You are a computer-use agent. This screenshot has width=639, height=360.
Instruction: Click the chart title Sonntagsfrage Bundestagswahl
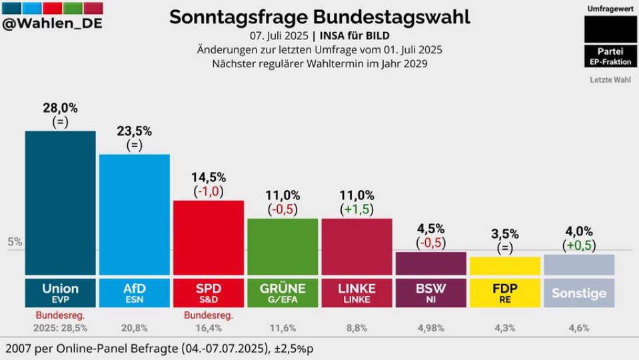click(319, 16)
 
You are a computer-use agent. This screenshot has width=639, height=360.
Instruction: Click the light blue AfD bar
click(134, 214)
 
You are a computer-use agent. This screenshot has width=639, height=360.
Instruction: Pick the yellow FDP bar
click(504, 266)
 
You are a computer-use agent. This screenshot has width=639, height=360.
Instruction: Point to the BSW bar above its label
click(430, 263)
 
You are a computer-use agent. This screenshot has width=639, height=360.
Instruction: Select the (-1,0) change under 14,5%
click(209, 191)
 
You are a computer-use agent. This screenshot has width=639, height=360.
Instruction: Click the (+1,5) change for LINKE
click(356, 209)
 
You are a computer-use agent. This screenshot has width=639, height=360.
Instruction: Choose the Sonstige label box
click(579, 293)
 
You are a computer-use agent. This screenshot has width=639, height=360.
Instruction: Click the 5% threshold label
click(15, 242)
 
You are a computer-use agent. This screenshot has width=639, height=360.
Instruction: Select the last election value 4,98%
click(430, 327)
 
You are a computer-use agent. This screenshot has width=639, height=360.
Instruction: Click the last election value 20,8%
click(134, 327)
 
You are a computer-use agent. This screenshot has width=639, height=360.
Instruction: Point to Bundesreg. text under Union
click(60, 314)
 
